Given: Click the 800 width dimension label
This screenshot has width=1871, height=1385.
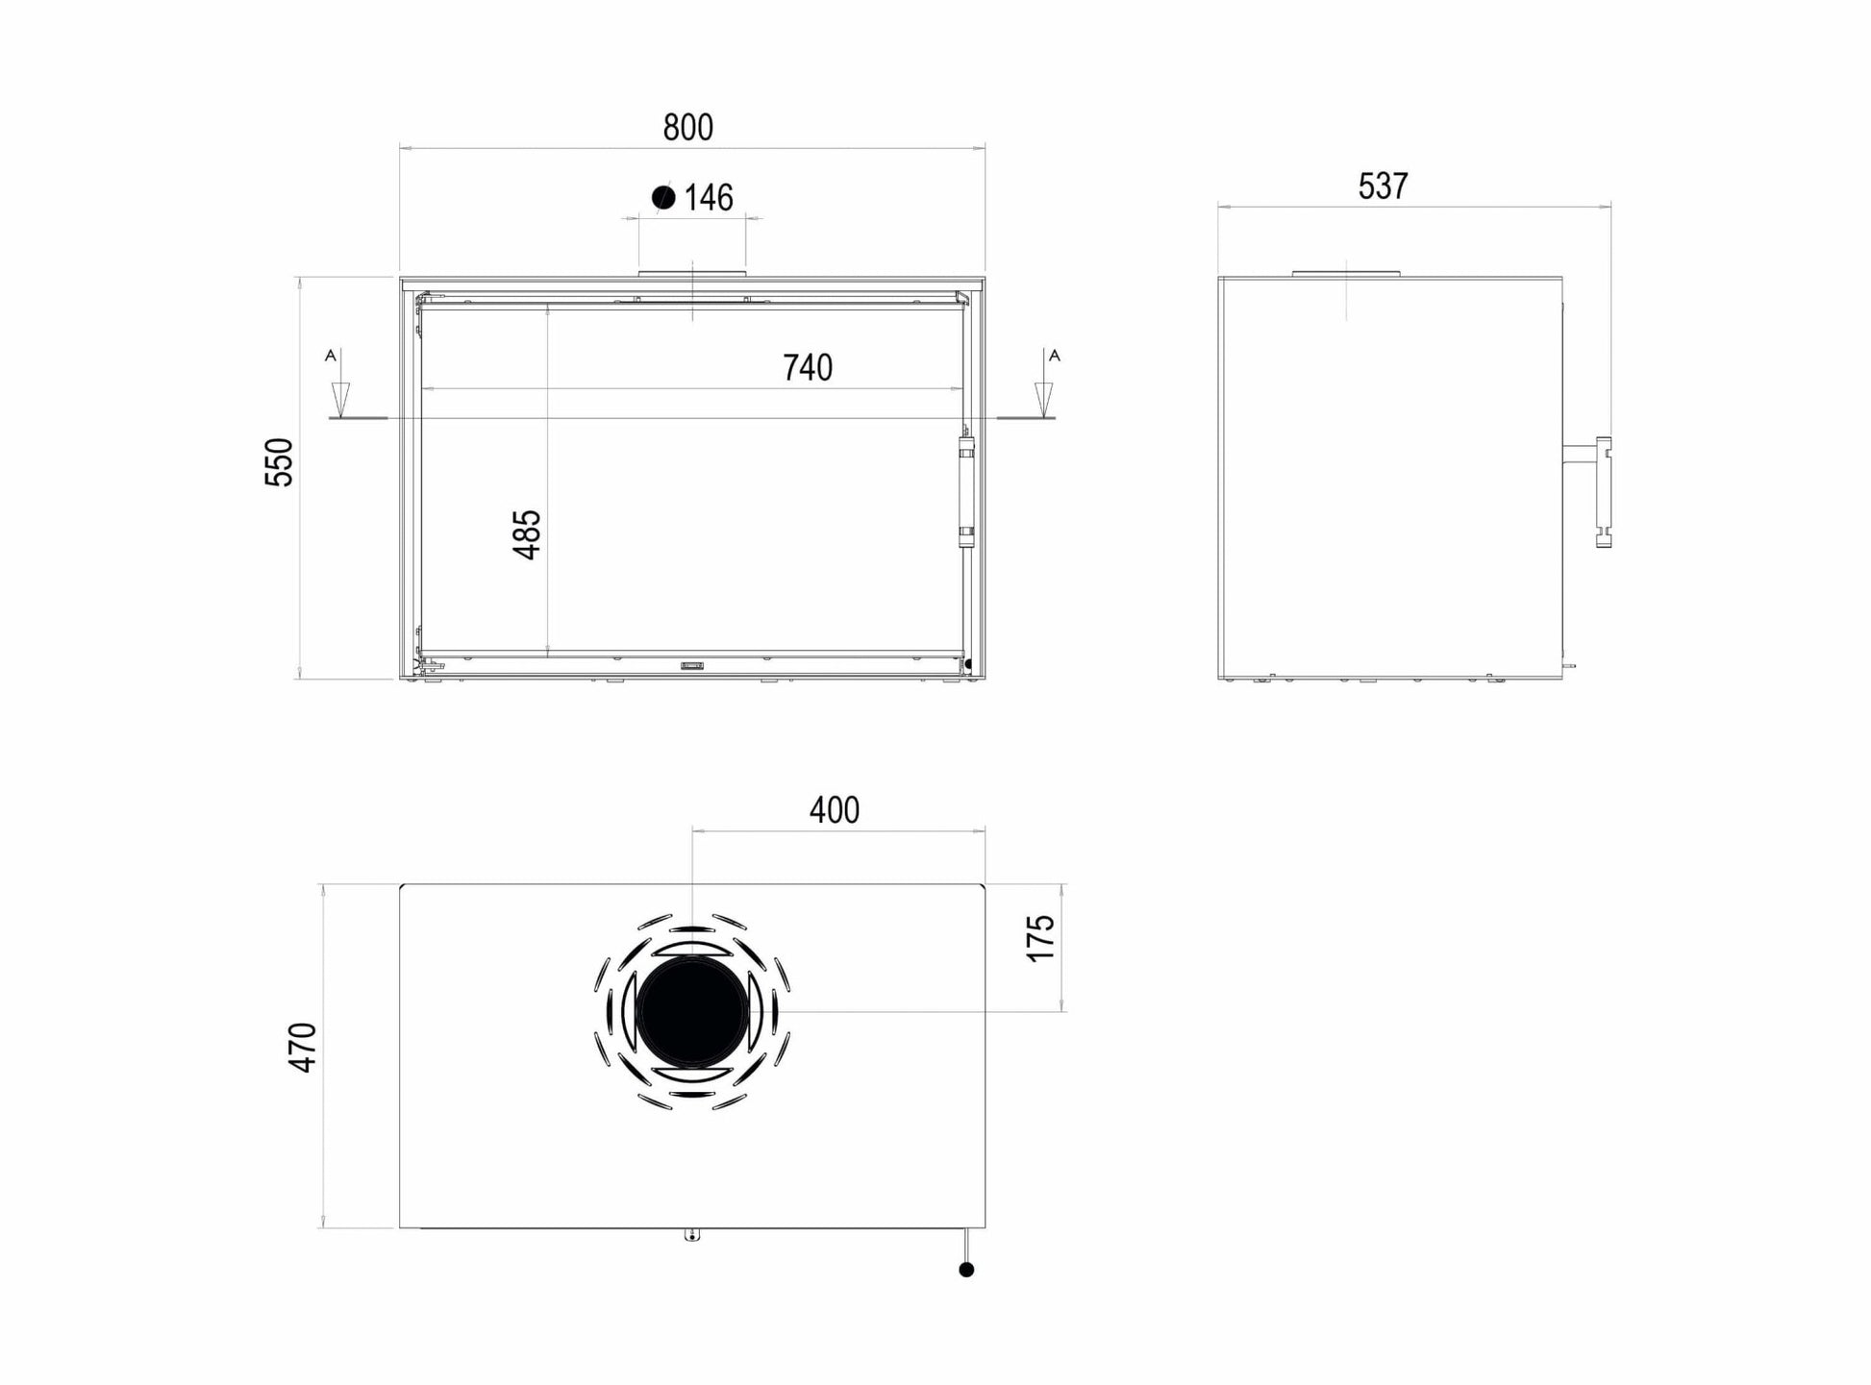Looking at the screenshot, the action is point(688,127).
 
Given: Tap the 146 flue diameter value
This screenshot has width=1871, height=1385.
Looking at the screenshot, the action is point(710,197).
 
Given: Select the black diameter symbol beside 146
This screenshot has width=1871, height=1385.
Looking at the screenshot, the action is point(663,197).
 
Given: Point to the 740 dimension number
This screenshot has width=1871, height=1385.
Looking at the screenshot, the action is point(808,367).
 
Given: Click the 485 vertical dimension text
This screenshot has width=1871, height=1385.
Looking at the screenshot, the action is point(528,534).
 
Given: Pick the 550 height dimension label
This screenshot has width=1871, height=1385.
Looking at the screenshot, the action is point(279,462).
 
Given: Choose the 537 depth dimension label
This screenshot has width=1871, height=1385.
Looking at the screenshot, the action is point(1384,185).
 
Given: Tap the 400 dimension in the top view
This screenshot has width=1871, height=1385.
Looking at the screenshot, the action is point(835,810).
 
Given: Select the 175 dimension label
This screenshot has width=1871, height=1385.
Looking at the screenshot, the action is point(1041,938).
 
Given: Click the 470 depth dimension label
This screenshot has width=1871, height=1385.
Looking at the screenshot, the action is point(303,1048).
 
